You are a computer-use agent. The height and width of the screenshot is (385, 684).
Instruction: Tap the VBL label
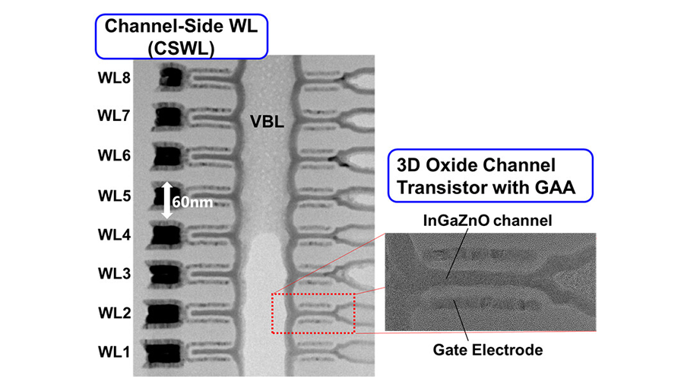(268, 121)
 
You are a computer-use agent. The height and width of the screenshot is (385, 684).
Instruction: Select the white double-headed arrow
(169, 200)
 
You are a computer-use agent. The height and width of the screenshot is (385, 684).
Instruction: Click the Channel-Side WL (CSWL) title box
(181, 36)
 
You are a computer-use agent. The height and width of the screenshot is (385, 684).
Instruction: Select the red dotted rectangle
(313, 313)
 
